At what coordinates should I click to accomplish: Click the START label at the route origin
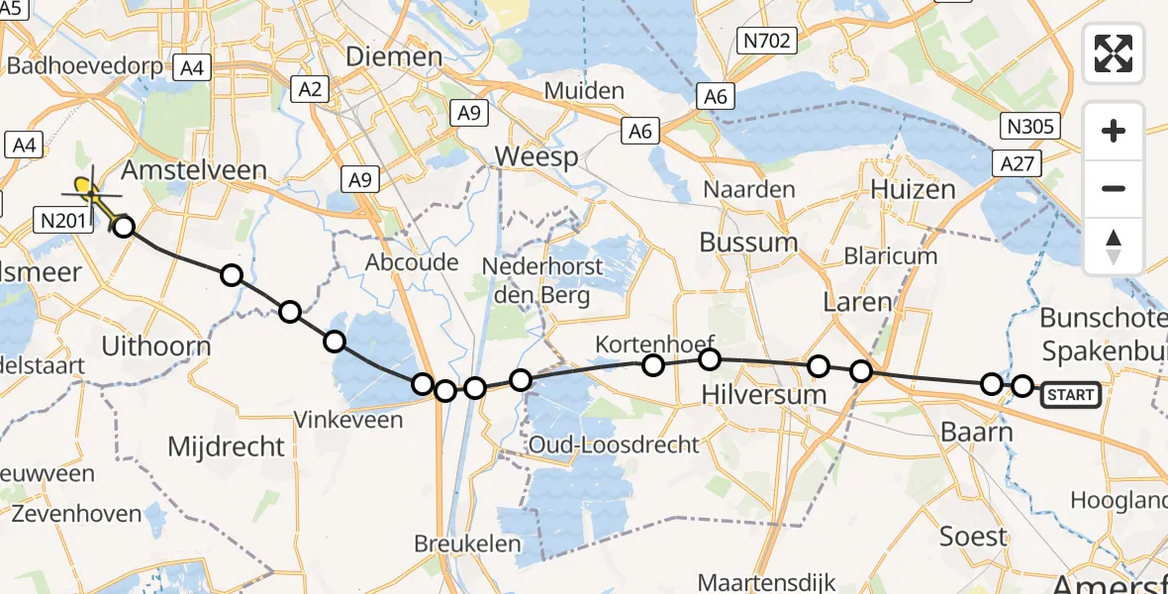click(x=1071, y=395)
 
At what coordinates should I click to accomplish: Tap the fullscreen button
click(x=1114, y=53)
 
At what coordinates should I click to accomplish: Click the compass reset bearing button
click(x=1114, y=247)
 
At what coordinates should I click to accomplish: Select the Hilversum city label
click(x=763, y=394)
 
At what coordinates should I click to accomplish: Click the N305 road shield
click(x=1030, y=127)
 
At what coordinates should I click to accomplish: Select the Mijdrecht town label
click(x=226, y=446)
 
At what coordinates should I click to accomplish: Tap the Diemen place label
click(x=393, y=56)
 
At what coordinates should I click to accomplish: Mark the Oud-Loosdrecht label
click(x=615, y=445)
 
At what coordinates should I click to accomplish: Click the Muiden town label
click(x=585, y=92)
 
